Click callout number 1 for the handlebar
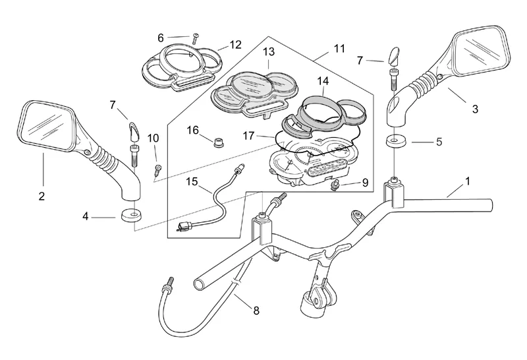tap(468, 180)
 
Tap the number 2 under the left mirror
tap(42, 196)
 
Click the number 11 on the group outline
tap(339, 49)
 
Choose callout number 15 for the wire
tap(191, 181)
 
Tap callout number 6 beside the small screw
tap(161, 38)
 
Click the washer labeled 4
tap(130, 216)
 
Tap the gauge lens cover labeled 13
tap(253, 90)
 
